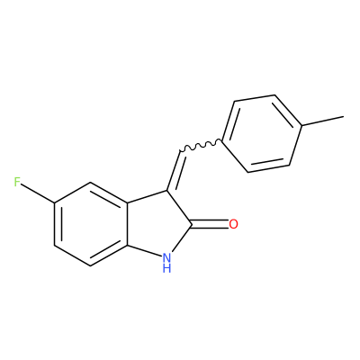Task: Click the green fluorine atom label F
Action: pos(17,182)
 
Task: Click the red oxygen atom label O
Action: pos(233,224)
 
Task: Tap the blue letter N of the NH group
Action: pos(166,257)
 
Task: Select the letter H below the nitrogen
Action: pos(166,268)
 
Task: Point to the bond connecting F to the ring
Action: pos(39,194)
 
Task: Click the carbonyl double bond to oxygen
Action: pos(210,224)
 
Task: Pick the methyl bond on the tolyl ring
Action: pos(323,121)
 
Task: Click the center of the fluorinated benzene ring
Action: pos(91,224)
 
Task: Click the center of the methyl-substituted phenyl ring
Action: pos(262,134)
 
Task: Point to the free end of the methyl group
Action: pos(344,116)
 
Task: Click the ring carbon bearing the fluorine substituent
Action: pos(55,203)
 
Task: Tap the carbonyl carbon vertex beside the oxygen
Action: pos(192,225)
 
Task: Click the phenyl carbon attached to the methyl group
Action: pos(301,125)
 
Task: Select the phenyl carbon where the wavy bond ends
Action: pos(222,140)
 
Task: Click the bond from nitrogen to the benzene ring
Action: pos(145,250)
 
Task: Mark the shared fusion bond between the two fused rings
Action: pos(127,224)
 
